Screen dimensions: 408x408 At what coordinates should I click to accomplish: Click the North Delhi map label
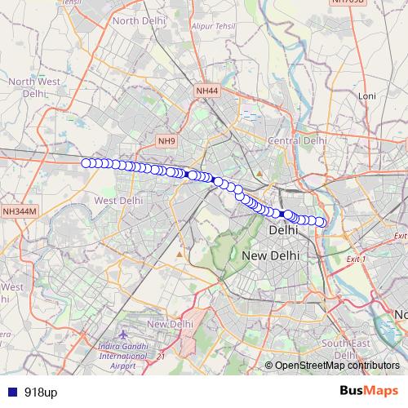pyautogui.click(x=136, y=20)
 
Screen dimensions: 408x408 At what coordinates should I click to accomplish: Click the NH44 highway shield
pyautogui.click(x=207, y=91)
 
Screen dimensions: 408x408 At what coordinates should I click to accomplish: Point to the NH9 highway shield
pyautogui.click(x=166, y=141)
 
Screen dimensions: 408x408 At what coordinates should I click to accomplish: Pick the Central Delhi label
pyautogui.click(x=298, y=141)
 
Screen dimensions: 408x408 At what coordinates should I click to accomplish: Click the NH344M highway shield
pyautogui.click(x=20, y=211)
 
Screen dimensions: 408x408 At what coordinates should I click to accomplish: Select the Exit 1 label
pyautogui.click(x=357, y=259)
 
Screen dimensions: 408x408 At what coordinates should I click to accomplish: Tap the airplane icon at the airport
pyautogui.click(x=122, y=335)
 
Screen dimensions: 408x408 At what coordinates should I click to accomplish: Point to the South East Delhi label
pyautogui.click(x=346, y=349)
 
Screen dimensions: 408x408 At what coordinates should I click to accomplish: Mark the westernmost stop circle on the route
pyautogui.click(x=86, y=162)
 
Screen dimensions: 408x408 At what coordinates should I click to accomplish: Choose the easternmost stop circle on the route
pyautogui.click(x=321, y=222)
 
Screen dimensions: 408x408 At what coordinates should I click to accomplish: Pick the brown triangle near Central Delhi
pyautogui.click(x=259, y=174)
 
